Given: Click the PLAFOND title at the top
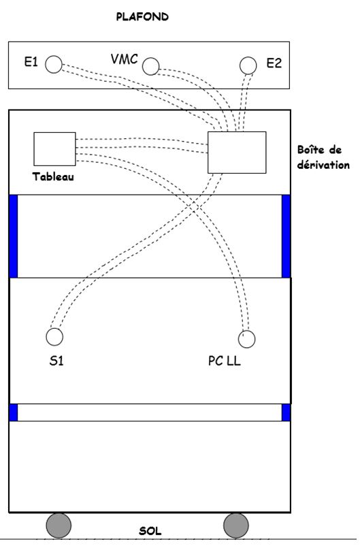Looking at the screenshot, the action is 142,17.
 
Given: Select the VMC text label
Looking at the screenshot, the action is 125,59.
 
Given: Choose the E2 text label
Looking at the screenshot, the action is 274,63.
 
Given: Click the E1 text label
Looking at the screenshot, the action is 31,62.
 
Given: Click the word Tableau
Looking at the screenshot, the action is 53,176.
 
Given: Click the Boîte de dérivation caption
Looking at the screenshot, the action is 323,157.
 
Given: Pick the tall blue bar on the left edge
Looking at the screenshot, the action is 13,236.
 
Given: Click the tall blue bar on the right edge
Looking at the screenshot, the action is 286,236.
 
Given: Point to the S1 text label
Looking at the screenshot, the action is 56,361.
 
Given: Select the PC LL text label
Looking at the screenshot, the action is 225,361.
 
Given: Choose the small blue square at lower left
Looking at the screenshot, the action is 13,413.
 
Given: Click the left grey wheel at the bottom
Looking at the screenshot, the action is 59,525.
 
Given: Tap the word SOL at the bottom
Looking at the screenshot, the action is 150,531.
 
